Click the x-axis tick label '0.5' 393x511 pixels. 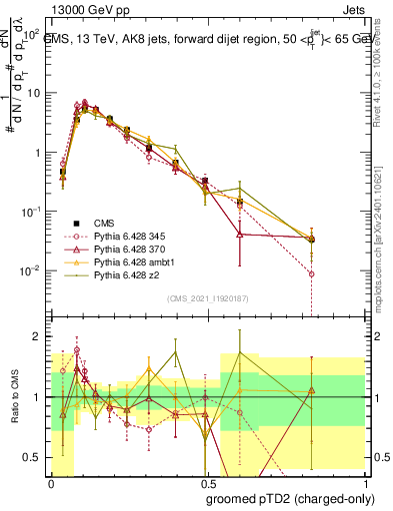(205, 484)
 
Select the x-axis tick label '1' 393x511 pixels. (362, 484)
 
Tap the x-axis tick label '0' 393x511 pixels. (51, 484)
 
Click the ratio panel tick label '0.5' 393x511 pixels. (32, 457)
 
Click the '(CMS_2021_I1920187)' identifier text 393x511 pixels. (207, 298)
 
